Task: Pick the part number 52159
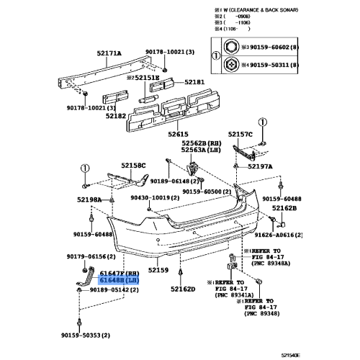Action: coord(158,270)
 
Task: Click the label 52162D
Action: coord(184,289)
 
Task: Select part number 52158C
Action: coord(132,166)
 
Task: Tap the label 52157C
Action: coord(241,135)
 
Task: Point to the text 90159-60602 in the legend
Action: coord(268,47)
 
